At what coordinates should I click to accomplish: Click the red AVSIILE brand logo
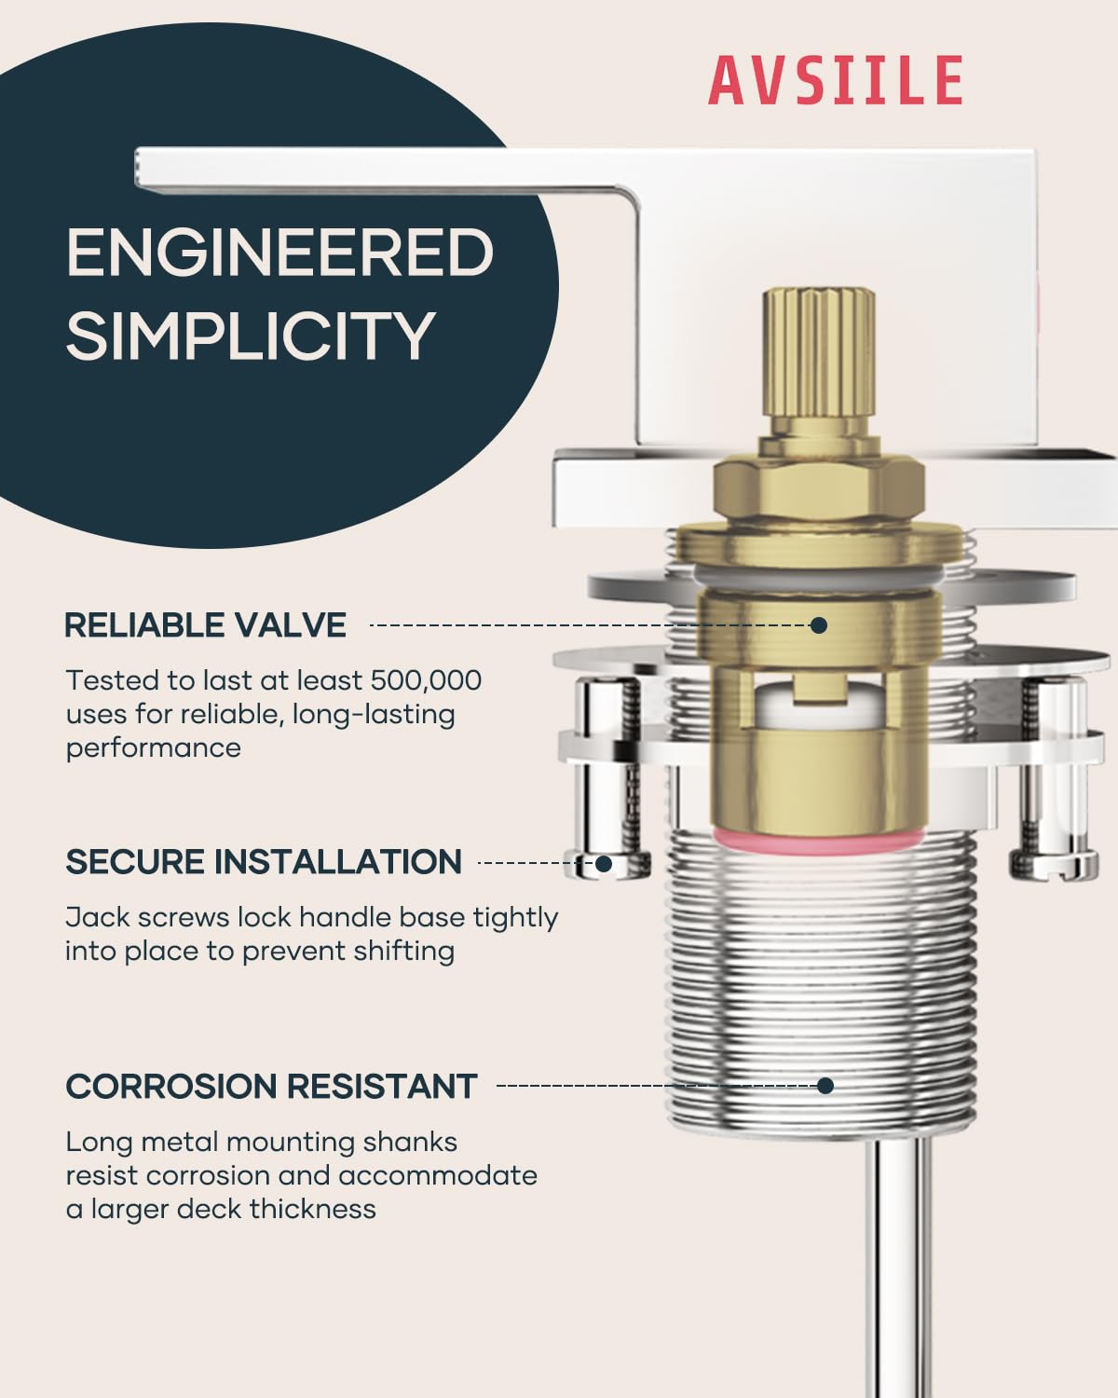pos(836,80)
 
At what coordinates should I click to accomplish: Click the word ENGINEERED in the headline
pos(280,252)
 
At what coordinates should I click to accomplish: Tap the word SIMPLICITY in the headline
pos(251,336)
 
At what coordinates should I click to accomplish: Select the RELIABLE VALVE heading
pos(205,625)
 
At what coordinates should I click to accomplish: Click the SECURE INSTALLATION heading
pos(264,862)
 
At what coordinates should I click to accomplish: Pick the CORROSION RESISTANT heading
pos(271,1086)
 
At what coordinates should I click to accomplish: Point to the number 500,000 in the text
pos(426,680)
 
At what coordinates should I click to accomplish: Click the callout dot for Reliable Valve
pos(819,625)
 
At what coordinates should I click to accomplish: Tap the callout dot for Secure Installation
pos(604,863)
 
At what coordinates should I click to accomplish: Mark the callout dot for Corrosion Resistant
pos(825,1086)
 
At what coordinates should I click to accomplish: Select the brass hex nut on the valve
pos(819,487)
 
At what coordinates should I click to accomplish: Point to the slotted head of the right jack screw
pos(1054,864)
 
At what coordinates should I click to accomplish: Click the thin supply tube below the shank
pos(902,1267)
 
